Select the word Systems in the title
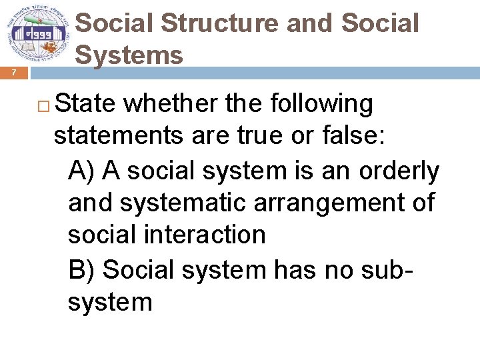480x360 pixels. click(x=129, y=54)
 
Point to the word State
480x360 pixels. click(x=86, y=104)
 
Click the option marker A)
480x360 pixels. click(x=83, y=171)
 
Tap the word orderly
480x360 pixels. click(x=399, y=171)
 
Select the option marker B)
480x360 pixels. click(x=83, y=269)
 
